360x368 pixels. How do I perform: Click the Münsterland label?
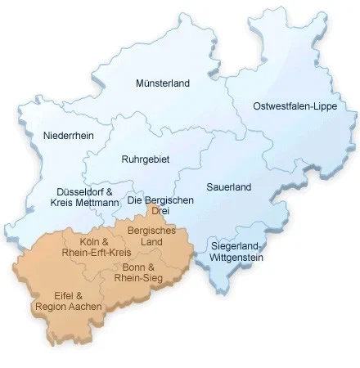[162, 83]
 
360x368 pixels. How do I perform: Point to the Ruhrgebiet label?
[145, 159]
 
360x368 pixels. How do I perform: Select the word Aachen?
[85, 307]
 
